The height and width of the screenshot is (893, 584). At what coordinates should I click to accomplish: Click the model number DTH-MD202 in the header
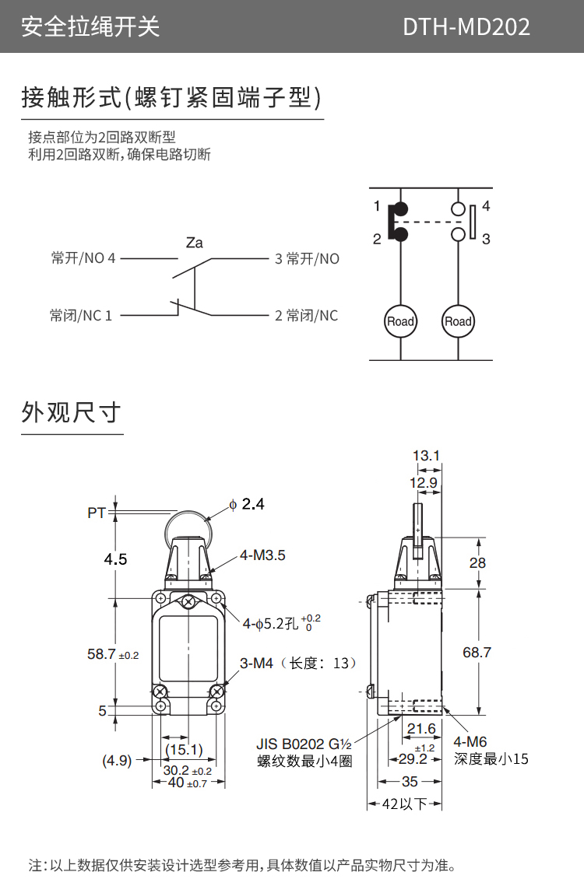[x=466, y=27]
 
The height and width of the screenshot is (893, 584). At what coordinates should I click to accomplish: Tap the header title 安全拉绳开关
[x=90, y=27]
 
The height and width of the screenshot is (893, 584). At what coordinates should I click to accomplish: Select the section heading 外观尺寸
[x=71, y=412]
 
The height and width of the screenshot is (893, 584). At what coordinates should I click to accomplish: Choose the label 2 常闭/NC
[x=306, y=316]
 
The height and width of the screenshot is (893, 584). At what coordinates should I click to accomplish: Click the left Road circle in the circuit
[x=400, y=321]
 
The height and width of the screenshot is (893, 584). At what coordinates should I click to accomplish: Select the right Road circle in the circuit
[x=458, y=321]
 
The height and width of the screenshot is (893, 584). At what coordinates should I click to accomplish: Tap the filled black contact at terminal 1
[x=400, y=209]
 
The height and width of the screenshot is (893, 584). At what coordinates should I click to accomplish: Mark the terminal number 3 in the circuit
[x=486, y=240]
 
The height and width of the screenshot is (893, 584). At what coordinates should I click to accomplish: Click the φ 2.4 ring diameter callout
[x=247, y=505]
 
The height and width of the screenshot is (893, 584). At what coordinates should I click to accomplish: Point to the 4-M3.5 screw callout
[x=262, y=555]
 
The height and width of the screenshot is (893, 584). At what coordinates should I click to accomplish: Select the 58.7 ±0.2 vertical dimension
[x=112, y=655]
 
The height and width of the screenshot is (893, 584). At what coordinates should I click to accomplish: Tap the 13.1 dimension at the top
[x=426, y=456]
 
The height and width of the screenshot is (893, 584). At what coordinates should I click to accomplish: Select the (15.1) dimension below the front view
[x=184, y=750]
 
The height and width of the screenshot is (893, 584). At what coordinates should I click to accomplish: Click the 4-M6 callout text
[x=470, y=743]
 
